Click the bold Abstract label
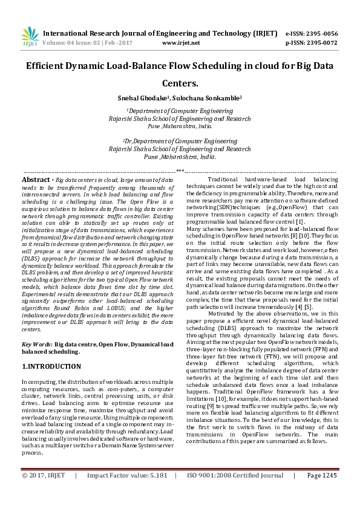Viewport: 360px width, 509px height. click(x=36, y=180)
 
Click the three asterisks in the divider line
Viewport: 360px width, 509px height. click(x=180, y=172)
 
